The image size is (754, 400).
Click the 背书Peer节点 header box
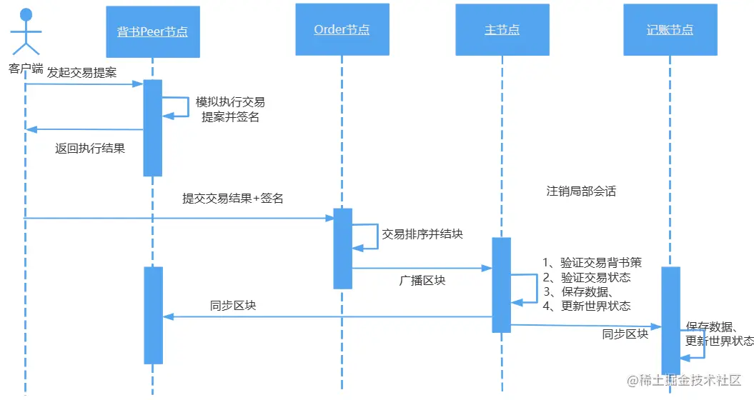pyautogui.click(x=152, y=31)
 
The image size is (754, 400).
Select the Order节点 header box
pyautogui.click(x=342, y=29)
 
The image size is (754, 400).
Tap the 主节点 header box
pyautogui.click(x=502, y=29)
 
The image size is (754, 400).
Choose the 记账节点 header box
pyautogui.click(x=670, y=29)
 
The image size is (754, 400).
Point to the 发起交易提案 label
pyautogui.click(x=81, y=73)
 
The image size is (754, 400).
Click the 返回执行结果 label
pyautogui.click(x=90, y=149)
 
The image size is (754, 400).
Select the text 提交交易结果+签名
pyautogui.click(x=233, y=199)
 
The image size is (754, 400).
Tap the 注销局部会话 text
pyautogui.click(x=581, y=191)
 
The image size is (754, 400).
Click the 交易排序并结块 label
pyautogui.click(x=422, y=234)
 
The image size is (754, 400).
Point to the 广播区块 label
pyautogui.click(x=422, y=281)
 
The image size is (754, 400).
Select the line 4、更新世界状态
pyautogui.click(x=586, y=306)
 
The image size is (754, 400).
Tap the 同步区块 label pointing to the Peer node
pyautogui.click(x=233, y=305)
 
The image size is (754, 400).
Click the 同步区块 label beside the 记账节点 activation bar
pyautogui.click(x=625, y=334)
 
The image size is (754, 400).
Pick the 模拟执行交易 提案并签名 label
pyautogui.click(x=230, y=109)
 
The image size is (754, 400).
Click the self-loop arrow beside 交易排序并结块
pyautogui.click(x=367, y=236)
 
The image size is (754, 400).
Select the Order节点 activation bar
pyautogui.click(x=342, y=249)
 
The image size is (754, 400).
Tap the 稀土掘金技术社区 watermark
pyautogui.click(x=685, y=381)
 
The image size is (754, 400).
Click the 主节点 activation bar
pyautogui.click(x=501, y=284)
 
